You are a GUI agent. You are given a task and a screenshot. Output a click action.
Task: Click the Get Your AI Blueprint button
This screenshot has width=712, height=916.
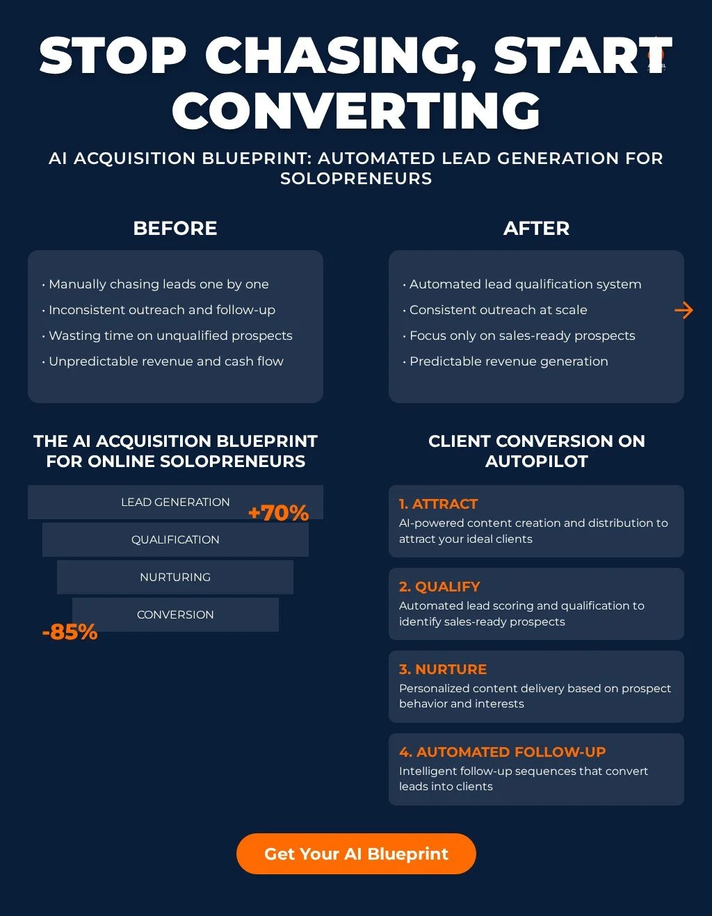tap(356, 853)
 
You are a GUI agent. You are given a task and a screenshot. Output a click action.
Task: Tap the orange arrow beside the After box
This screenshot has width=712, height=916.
tap(683, 310)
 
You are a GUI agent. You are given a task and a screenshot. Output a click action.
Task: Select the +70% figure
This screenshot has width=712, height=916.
tap(278, 513)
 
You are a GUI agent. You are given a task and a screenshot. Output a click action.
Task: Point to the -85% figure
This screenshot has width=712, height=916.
tap(70, 632)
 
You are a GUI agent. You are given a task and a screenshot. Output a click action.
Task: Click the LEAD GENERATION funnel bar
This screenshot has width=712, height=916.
tap(175, 502)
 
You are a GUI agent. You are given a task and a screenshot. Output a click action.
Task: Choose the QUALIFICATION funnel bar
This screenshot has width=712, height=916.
tap(175, 539)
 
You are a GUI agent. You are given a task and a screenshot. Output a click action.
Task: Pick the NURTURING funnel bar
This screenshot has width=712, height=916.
tap(175, 577)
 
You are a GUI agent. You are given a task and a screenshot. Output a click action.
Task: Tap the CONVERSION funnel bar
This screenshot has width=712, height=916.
tap(175, 614)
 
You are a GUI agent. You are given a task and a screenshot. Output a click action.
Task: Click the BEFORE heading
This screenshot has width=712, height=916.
tap(175, 228)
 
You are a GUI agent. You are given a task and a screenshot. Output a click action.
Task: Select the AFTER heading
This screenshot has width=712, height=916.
tap(536, 228)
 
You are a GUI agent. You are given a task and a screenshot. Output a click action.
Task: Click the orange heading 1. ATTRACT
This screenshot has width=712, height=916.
tap(438, 504)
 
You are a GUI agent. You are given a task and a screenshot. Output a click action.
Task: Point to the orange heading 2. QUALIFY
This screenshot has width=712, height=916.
tap(439, 587)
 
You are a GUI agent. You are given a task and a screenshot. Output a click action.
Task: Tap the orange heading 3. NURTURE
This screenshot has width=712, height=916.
tap(443, 669)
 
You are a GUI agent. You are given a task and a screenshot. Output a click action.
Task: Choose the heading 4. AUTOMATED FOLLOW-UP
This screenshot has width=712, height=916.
tap(502, 752)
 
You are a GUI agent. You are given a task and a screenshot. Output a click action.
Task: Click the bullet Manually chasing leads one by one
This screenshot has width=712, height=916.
tap(159, 284)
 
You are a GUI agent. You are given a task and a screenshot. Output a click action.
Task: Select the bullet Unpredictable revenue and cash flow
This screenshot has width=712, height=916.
tap(166, 361)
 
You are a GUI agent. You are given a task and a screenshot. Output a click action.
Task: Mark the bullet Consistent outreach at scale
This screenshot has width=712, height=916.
tap(498, 310)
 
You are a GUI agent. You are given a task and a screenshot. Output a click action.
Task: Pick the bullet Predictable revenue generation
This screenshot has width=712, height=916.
tap(508, 361)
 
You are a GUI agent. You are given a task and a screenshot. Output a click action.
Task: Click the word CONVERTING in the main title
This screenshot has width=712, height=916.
tap(356, 111)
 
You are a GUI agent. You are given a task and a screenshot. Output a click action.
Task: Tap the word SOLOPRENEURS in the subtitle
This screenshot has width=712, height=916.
tap(356, 179)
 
